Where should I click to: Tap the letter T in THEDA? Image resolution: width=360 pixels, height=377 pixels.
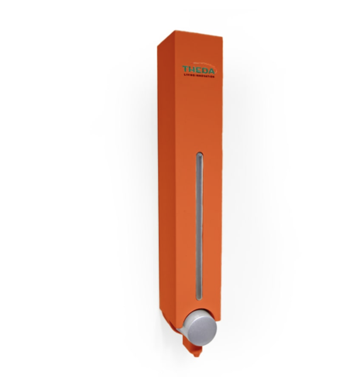click(186, 70)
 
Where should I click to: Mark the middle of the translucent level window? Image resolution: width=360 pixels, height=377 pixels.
click(199, 227)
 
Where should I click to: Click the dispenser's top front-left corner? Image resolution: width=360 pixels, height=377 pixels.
click(159, 44)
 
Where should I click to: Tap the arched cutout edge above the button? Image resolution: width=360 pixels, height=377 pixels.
click(199, 311)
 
